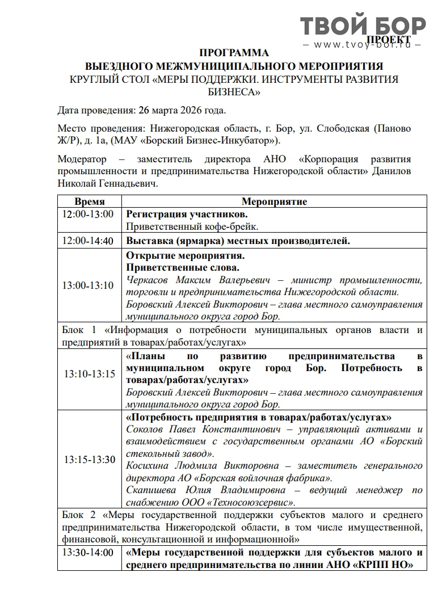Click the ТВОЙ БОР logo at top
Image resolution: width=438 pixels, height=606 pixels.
click(x=363, y=26)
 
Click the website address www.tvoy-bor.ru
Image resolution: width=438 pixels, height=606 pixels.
click(x=363, y=45)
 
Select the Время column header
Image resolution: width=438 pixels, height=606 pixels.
click(x=90, y=201)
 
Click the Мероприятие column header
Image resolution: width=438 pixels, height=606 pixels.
click(x=274, y=201)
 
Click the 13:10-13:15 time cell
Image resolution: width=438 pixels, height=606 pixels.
click(x=90, y=374)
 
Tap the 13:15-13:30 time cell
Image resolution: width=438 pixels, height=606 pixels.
click(x=90, y=460)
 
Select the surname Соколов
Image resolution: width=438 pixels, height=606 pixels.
click(x=146, y=430)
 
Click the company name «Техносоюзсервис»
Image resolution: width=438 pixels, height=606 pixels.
click(x=252, y=502)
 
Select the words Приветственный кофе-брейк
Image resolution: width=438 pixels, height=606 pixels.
click(x=192, y=227)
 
